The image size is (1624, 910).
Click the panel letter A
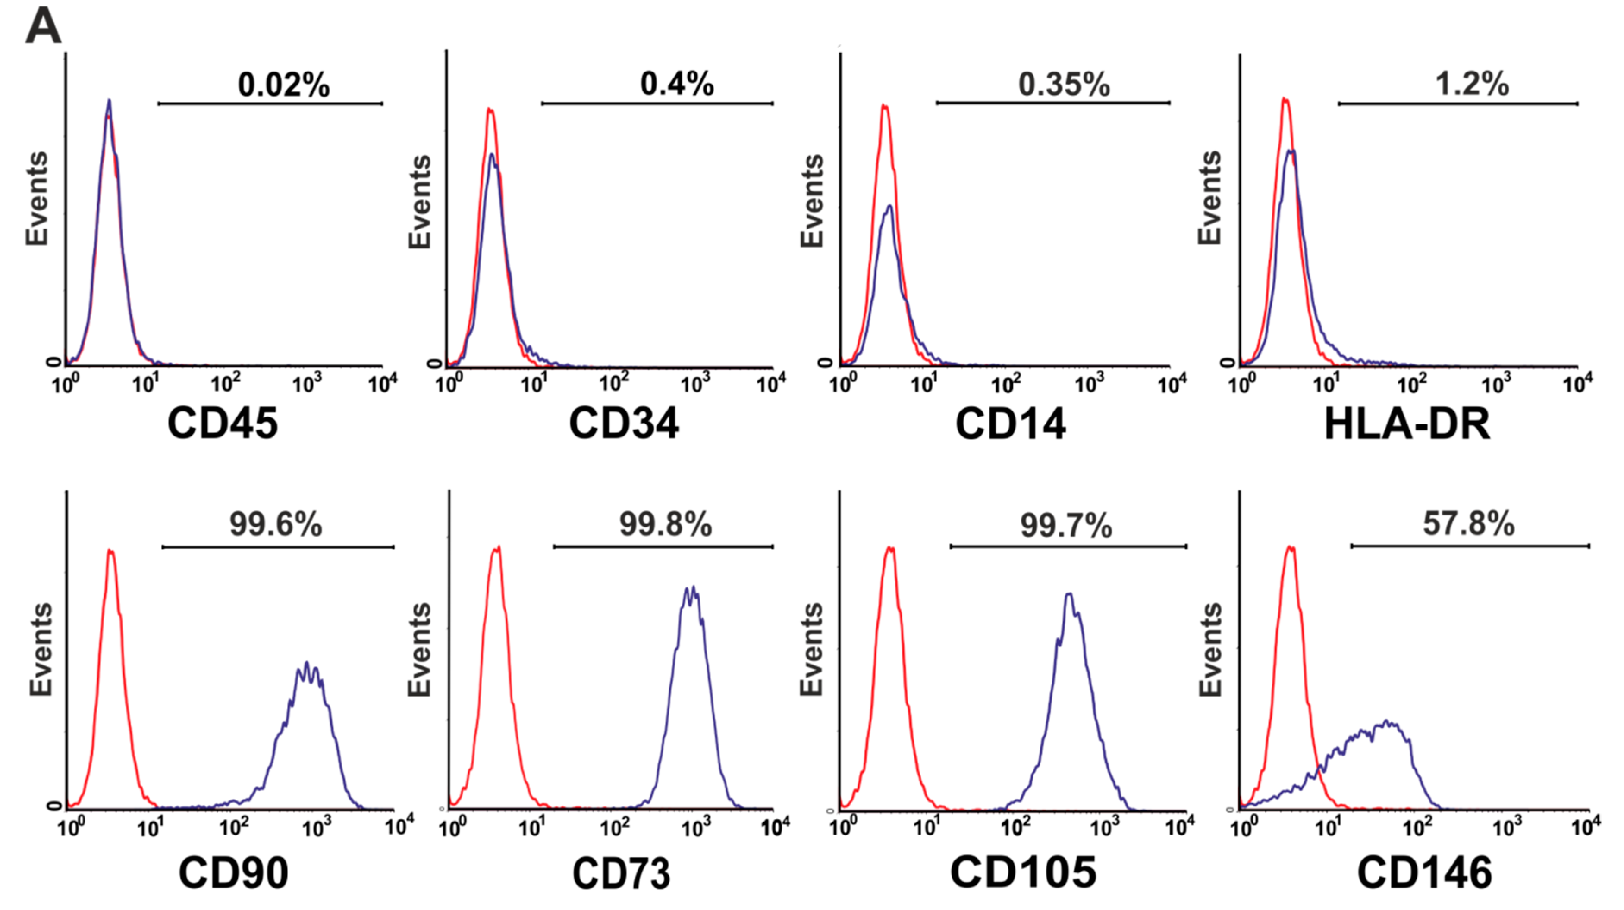pos(43,26)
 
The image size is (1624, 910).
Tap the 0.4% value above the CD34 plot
pos(676,83)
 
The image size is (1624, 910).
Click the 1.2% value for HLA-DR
pos(1472,83)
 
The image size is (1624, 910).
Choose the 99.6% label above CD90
pos(276,524)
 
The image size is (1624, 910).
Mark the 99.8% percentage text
pos(665,524)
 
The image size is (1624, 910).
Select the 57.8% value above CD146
pos(1468,523)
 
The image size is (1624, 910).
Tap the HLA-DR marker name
pos(1407,424)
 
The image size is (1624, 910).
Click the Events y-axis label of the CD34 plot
pos(420,202)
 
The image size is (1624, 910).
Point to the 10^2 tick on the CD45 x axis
pos(225,383)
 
